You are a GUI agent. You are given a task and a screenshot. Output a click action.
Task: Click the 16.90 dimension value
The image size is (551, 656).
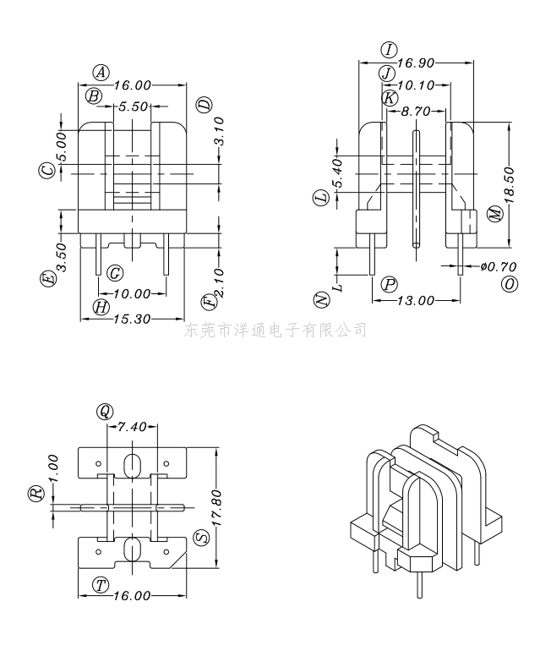(416, 63)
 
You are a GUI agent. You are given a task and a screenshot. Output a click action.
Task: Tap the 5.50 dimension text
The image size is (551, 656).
(133, 107)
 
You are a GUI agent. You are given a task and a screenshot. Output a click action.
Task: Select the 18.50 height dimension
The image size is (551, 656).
(509, 185)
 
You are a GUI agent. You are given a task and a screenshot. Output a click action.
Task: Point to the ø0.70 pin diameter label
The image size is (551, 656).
(499, 266)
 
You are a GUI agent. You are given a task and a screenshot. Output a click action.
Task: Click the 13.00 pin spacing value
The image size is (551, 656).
(416, 300)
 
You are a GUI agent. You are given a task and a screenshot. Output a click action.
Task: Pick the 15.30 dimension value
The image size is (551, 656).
(132, 320)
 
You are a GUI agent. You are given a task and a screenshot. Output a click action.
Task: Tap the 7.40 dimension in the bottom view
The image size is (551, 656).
(132, 427)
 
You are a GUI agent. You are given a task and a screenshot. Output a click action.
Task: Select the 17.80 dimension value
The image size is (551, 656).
(215, 507)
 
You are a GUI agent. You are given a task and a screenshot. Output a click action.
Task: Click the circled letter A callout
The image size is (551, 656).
(101, 73)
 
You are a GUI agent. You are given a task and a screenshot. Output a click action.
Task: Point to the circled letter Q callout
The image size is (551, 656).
(105, 411)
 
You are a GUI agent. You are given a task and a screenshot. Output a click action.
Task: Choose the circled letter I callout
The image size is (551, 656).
(389, 50)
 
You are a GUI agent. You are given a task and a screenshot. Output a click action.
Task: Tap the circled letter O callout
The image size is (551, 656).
(509, 284)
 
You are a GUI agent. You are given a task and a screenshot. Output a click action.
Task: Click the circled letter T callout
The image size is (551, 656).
(101, 585)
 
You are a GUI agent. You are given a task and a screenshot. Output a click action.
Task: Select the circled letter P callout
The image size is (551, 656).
(389, 285)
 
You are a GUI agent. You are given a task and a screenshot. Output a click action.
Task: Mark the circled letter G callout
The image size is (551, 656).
(115, 274)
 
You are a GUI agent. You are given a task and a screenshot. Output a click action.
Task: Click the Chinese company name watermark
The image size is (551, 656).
(275, 330)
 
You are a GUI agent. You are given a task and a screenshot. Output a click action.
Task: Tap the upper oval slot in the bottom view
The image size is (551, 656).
(132, 465)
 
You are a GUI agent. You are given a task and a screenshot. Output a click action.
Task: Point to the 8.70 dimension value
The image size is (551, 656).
(416, 112)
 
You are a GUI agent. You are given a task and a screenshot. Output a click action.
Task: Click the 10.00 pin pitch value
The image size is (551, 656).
(132, 293)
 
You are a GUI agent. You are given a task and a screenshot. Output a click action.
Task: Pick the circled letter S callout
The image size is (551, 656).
(203, 537)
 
